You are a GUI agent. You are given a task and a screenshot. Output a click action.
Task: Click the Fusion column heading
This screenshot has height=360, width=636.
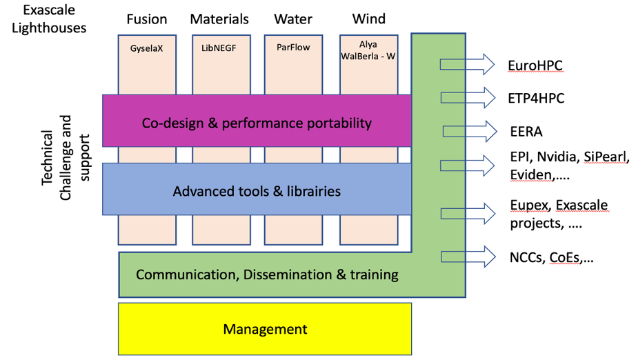[147, 19]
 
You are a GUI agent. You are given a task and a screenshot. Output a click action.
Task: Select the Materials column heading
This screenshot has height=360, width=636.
[219, 19]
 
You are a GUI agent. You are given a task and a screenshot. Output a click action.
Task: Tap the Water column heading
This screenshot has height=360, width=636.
[293, 19]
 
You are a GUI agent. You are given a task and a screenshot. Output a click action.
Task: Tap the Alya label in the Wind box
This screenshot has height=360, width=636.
[369, 44]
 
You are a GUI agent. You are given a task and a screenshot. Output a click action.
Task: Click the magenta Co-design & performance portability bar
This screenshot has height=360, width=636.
[257, 123]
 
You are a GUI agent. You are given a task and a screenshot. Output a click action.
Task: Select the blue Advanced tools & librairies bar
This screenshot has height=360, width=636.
[257, 190]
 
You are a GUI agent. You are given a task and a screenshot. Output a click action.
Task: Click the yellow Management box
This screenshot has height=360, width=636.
[265, 329]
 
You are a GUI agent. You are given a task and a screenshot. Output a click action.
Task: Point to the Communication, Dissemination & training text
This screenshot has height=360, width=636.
[267, 274]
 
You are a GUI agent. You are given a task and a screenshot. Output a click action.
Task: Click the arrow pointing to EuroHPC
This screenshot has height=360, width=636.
[467, 65]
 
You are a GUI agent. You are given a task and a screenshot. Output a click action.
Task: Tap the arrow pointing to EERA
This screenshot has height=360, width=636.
[468, 130]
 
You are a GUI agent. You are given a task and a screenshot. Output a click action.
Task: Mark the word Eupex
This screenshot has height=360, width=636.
[529, 206]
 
